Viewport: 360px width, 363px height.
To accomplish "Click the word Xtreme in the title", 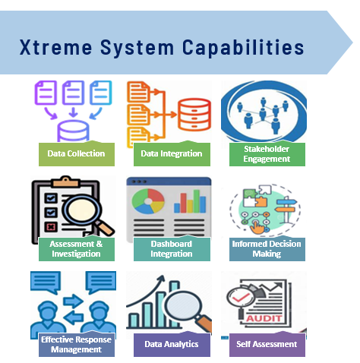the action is (x=55, y=47).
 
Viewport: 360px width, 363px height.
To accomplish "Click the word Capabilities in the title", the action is (x=243, y=47).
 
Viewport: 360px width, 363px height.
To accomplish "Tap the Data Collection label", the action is (x=77, y=154).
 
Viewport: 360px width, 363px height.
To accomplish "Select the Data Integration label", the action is (x=172, y=154).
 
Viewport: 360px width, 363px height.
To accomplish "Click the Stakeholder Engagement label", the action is (x=267, y=154).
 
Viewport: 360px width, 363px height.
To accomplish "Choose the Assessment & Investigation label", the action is (x=77, y=249).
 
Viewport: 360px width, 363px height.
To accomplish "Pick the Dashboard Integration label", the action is (x=172, y=249).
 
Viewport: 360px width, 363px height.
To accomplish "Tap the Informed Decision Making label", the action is (x=267, y=249).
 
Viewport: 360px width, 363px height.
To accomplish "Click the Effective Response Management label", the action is (x=77, y=345).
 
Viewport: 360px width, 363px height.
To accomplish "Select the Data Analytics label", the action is (x=172, y=345).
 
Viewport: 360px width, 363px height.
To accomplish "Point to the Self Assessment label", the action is (x=267, y=345).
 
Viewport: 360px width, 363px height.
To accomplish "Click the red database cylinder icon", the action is (x=194, y=115).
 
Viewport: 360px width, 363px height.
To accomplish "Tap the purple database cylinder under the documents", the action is (x=73, y=131).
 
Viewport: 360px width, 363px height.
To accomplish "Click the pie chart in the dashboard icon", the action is (x=148, y=201).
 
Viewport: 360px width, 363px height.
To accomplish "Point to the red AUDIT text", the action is (x=264, y=318).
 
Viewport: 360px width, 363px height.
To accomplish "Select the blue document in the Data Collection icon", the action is (x=101, y=93).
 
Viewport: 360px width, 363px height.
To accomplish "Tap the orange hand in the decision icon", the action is (x=257, y=227).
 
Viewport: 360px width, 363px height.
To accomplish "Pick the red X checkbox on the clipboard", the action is (x=51, y=227).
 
